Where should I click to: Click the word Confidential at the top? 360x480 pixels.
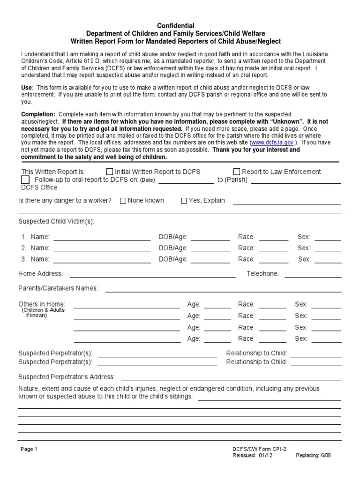point(175,26)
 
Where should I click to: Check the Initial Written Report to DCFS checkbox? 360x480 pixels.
point(110,172)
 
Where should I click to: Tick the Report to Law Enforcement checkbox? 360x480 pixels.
point(237,172)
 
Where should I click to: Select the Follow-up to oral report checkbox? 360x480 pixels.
point(25,180)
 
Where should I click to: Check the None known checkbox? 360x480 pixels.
point(123,201)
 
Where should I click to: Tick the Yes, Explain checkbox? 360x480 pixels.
point(184,201)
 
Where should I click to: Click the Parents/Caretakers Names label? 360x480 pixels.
point(58,288)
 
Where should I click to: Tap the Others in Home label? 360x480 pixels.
point(42,304)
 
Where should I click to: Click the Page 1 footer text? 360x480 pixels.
point(29,449)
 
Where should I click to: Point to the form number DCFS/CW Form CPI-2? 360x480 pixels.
point(259,449)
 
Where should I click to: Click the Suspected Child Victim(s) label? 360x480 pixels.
point(56,221)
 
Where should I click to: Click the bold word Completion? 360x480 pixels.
point(38,114)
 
